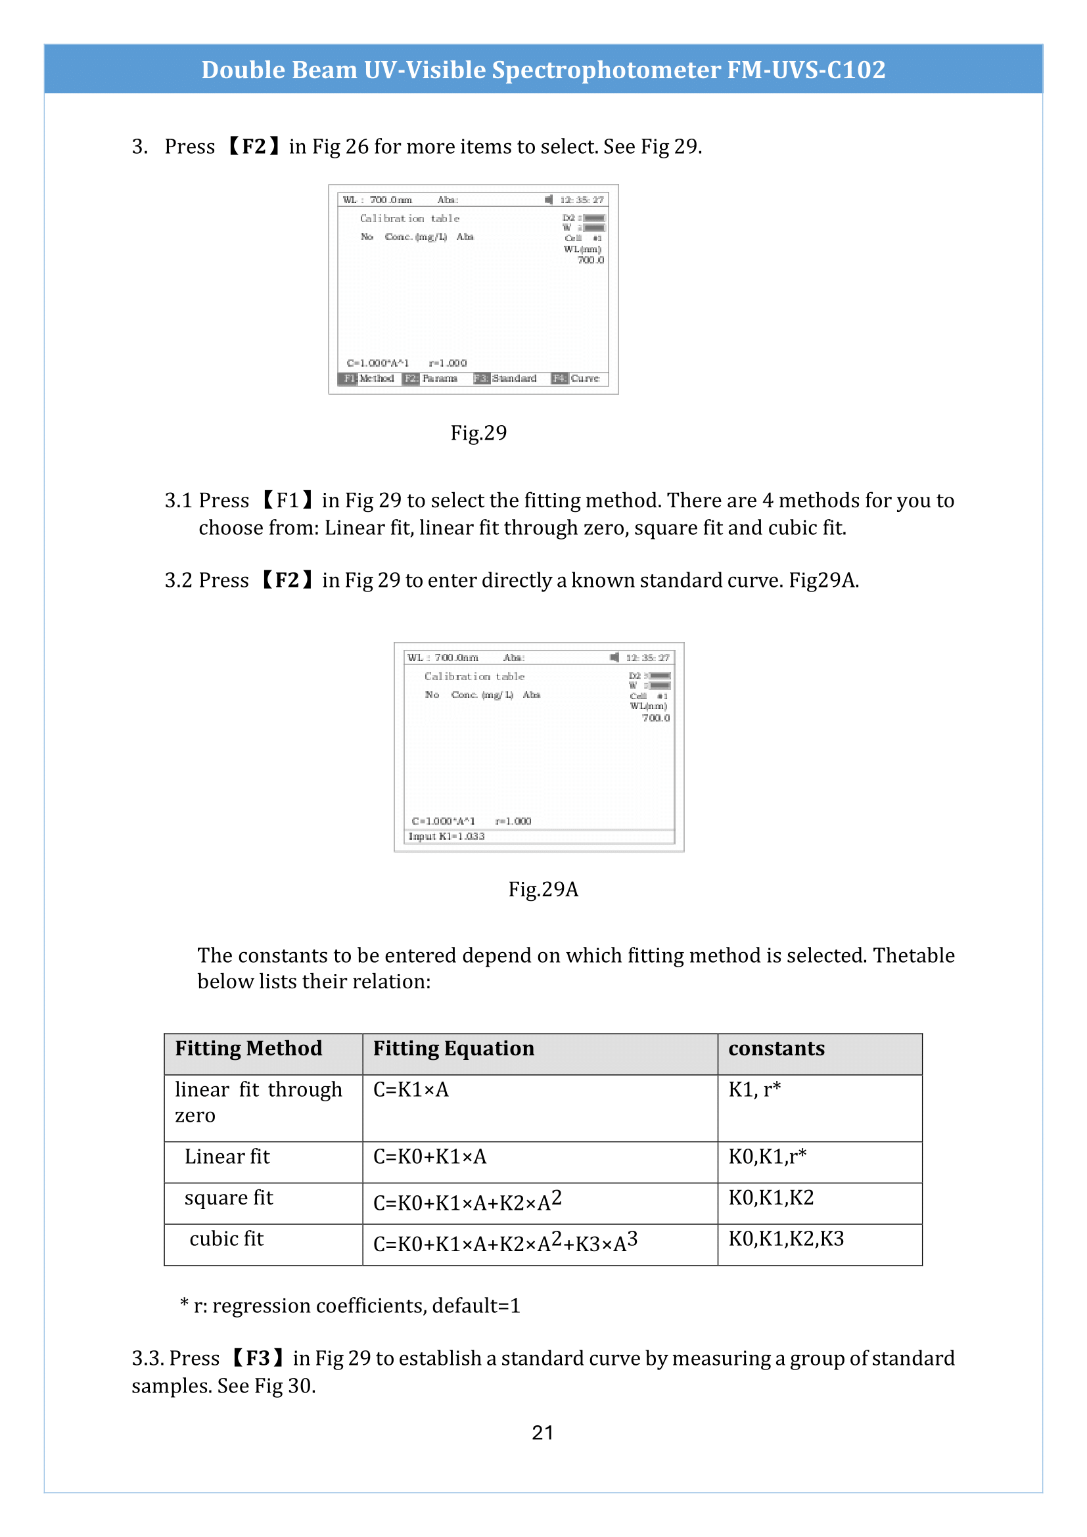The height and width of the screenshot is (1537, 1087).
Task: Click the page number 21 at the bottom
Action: [542, 1433]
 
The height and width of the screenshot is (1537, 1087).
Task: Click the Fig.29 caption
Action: [478, 433]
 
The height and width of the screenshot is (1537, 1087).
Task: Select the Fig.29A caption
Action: [543, 889]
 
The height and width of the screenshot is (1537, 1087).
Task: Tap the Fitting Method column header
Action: [248, 1048]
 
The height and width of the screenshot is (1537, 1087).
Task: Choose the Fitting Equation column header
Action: [453, 1048]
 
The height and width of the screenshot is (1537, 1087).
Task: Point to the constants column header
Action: [775, 1048]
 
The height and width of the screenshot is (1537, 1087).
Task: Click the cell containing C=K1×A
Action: [411, 1090]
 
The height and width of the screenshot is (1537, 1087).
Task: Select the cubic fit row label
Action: [226, 1239]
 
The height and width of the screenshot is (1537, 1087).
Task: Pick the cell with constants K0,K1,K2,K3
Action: [786, 1239]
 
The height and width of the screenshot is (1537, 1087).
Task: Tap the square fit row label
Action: [228, 1198]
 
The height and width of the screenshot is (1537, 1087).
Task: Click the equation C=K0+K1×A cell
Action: [430, 1157]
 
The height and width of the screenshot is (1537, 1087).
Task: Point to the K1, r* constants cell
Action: [754, 1090]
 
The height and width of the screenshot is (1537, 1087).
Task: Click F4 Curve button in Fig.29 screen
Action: [576, 379]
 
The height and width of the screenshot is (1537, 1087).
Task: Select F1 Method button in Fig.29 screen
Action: [367, 379]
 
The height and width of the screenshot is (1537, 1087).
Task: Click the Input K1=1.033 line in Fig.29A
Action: [446, 836]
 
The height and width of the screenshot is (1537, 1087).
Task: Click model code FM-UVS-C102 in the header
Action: [806, 70]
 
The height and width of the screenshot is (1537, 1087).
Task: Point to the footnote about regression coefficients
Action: [350, 1306]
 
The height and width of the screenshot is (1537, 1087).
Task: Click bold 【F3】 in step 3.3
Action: [258, 1358]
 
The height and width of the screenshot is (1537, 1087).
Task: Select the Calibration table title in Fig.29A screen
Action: [474, 677]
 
